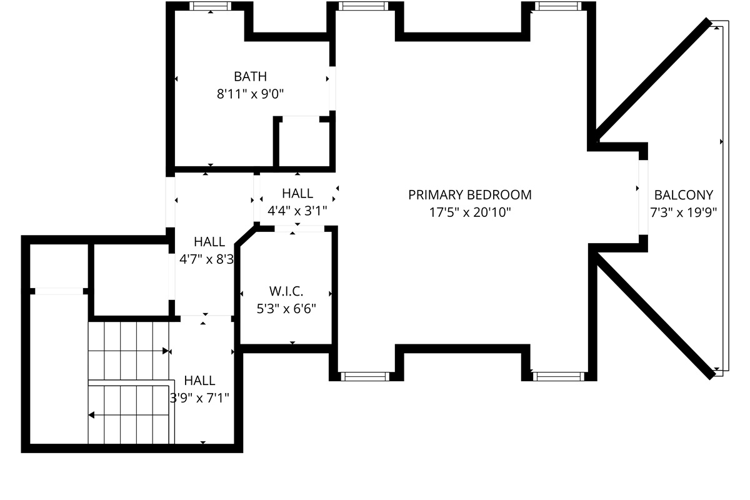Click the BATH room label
(x=250, y=77)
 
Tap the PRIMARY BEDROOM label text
(x=470, y=195)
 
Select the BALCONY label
(x=683, y=195)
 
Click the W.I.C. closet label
(x=286, y=291)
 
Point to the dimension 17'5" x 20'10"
(x=470, y=212)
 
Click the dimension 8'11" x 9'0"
(x=250, y=94)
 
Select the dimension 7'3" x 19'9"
(x=683, y=212)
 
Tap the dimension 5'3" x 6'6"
(x=286, y=308)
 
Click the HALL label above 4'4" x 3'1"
(x=297, y=194)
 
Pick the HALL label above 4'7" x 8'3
(x=209, y=242)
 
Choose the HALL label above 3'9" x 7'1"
(x=200, y=381)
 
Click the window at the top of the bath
(x=211, y=6)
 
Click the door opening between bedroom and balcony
(x=643, y=197)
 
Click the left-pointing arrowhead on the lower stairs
(x=91, y=414)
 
